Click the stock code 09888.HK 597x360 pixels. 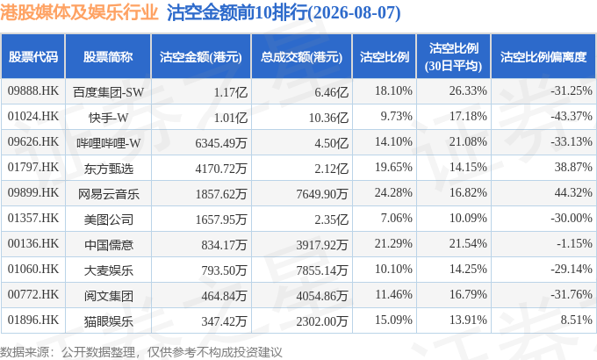[33, 91]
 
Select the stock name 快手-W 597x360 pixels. [109, 118]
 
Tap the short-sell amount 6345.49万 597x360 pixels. [221, 143]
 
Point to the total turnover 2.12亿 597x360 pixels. [331, 169]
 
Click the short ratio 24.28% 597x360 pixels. [393, 193]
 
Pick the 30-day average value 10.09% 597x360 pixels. [468, 219]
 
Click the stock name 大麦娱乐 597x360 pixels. [109, 270]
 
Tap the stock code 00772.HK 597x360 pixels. [33, 295]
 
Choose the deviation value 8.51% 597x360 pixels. [576, 320]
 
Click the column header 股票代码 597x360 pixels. [33, 57]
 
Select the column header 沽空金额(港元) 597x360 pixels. [201, 57]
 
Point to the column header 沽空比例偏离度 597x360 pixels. [543, 57]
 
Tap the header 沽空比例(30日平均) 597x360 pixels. [454, 57]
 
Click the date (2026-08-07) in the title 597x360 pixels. [354, 13]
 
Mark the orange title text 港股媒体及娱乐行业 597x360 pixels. [79, 12]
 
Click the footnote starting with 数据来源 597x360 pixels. [140, 352]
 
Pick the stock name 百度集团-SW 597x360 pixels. [109, 92]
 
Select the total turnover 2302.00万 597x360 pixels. [322, 321]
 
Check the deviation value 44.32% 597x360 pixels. [573, 193]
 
